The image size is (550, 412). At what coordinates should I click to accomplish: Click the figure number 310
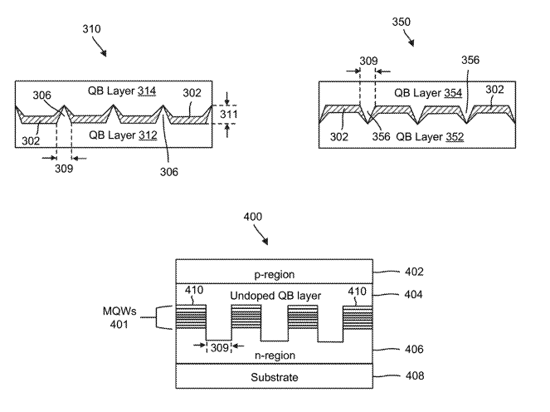click(x=91, y=29)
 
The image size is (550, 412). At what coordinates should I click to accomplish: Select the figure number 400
click(x=252, y=217)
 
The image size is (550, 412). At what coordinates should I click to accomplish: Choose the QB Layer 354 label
click(x=428, y=93)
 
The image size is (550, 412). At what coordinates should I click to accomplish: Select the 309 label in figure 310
click(x=64, y=168)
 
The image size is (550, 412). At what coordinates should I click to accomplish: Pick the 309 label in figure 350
click(x=367, y=61)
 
